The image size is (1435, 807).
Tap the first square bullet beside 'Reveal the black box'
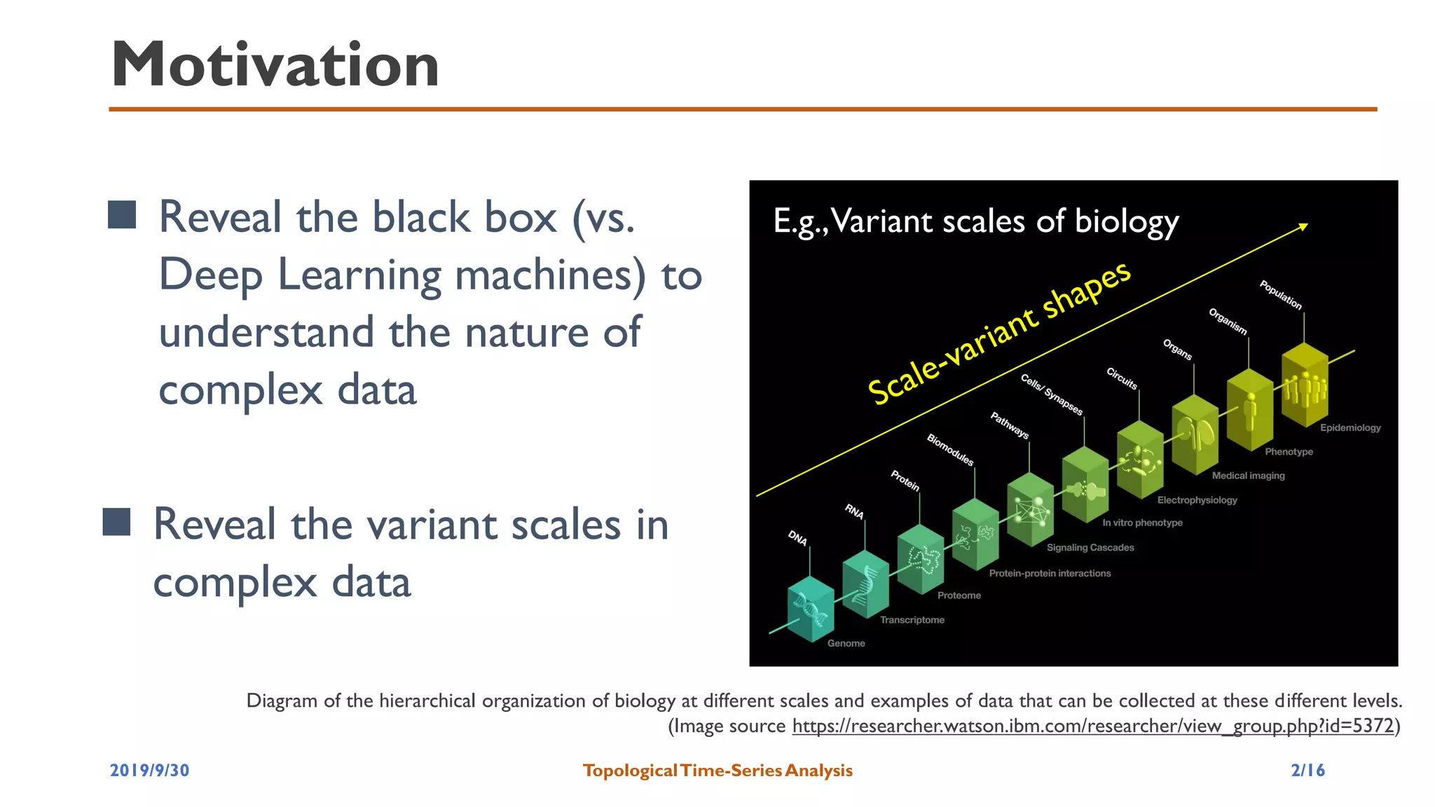coord(122,215)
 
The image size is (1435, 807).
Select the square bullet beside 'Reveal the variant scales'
coord(116,522)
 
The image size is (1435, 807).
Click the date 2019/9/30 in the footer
coord(149,771)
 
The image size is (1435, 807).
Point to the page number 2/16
coord(1307,771)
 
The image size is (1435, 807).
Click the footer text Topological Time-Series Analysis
coord(717,771)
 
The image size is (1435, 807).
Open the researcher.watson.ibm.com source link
coord(1093,726)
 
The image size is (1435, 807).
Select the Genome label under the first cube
coord(846,643)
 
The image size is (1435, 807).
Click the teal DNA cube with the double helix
coord(810,609)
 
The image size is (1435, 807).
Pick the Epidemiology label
coord(1350,427)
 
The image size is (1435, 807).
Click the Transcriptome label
coord(912,620)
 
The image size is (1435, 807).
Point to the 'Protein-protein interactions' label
coord(1050,573)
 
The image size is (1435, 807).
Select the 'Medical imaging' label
coord(1248,476)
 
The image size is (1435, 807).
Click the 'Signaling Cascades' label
coord(1090,548)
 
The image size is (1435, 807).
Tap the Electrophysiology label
coord(1197,500)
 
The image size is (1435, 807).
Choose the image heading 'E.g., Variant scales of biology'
coord(975,221)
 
